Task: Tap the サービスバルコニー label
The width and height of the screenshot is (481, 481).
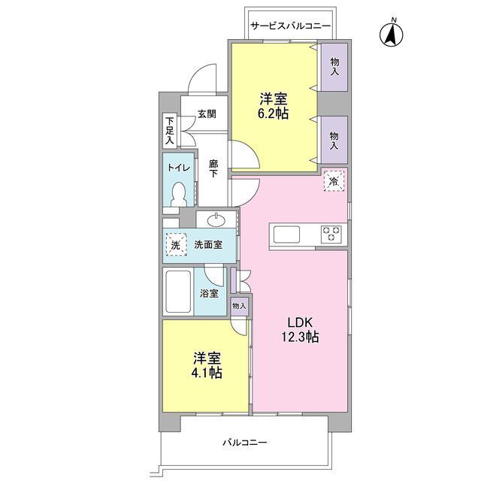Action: pyautogui.click(x=291, y=26)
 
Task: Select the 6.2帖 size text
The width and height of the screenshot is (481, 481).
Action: pyautogui.click(x=273, y=113)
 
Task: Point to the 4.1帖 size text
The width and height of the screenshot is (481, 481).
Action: pyautogui.click(x=207, y=373)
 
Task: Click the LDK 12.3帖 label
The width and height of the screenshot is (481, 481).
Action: pyautogui.click(x=300, y=330)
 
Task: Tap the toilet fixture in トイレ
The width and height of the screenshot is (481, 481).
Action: pyautogui.click(x=179, y=195)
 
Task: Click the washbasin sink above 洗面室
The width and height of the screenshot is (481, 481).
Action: pyautogui.click(x=216, y=219)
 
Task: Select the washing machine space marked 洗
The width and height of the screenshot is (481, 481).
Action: pyautogui.click(x=177, y=244)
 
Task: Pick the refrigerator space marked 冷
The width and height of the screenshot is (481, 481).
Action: pyautogui.click(x=334, y=181)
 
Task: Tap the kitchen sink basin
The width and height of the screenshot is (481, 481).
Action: pyautogui.click(x=286, y=234)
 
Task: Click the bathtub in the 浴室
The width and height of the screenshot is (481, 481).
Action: pyautogui.click(x=178, y=291)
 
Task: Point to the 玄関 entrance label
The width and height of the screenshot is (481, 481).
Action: pyautogui.click(x=207, y=113)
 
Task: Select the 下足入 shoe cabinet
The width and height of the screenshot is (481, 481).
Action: pyautogui.click(x=170, y=130)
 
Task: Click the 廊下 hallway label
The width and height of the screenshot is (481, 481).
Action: pyautogui.click(x=213, y=168)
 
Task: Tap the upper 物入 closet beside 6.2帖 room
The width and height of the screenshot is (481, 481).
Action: pyautogui.click(x=334, y=67)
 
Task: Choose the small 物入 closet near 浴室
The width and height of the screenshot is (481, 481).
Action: pyautogui.click(x=239, y=306)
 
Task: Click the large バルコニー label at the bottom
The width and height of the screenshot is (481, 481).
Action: pyautogui.click(x=244, y=442)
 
